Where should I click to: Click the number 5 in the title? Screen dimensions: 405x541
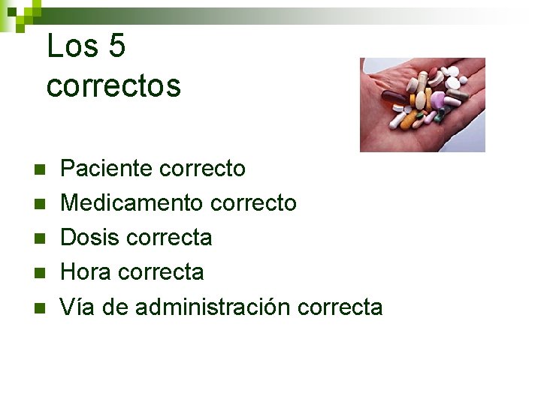coord(117,46)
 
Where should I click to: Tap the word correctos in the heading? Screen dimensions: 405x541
coord(113,85)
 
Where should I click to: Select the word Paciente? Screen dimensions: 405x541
coord(106,169)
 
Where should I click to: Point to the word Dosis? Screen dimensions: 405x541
coord(90,238)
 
